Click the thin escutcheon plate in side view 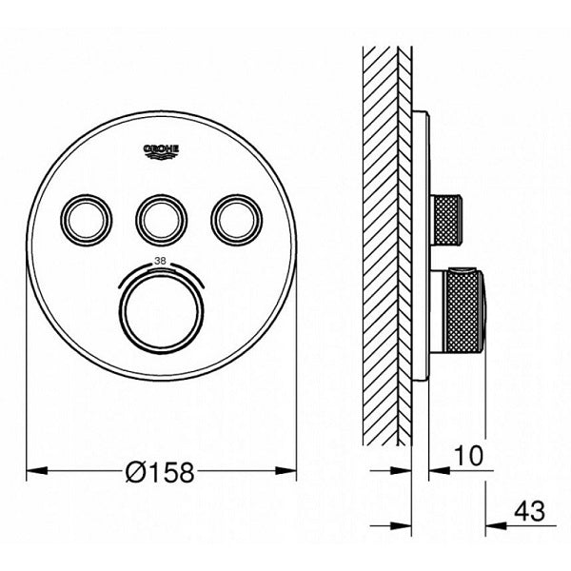[419, 247]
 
